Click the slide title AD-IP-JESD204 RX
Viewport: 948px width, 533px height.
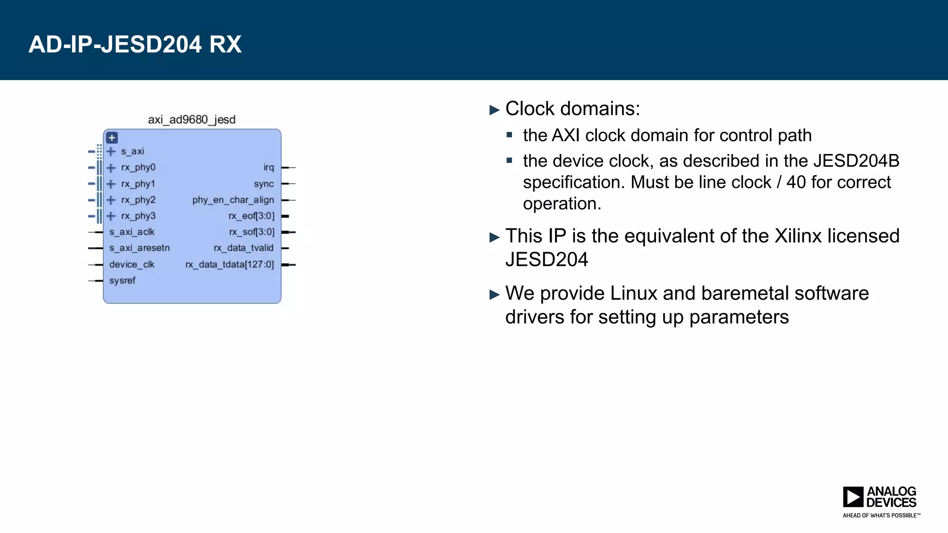coord(135,44)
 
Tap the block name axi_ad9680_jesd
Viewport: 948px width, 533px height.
coord(192,120)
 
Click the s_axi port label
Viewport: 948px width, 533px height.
coord(132,151)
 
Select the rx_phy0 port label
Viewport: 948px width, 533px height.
coord(138,167)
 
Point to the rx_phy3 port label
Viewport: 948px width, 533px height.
coord(138,216)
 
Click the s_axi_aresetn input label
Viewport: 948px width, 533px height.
coord(139,248)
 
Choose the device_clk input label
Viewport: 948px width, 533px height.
coord(131,265)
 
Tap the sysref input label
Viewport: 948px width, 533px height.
coord(122,280)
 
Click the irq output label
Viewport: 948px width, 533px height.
coord(268,167)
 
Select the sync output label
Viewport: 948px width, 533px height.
coord(264,184)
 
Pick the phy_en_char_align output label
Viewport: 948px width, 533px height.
coord(233,200)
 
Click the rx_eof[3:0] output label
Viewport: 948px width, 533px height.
coord(251,216)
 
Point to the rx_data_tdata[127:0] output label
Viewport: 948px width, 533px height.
coord(230,265)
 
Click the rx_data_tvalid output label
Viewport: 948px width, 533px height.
coord(243,248)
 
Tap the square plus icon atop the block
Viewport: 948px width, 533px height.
coord(112,138)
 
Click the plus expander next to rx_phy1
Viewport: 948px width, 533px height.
coord(111,184)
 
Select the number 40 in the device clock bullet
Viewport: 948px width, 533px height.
coord(796,182)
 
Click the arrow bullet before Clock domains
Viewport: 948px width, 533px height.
coord(495,110)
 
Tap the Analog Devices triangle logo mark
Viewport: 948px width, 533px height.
coord(853,497)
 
